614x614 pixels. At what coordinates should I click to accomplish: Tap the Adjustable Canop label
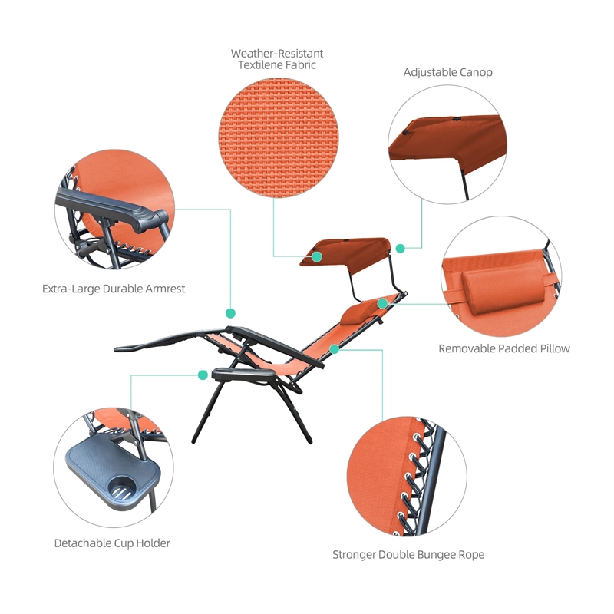tap(447, 72)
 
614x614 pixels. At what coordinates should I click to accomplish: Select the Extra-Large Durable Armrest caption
tap(114, 289)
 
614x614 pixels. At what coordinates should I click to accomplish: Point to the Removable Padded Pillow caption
tap(503, 348)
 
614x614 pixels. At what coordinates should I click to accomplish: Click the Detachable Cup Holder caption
tap(112, 543)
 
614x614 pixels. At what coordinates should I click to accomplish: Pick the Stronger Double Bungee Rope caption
tap(408, 554)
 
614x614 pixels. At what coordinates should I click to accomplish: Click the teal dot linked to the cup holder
tap(203, 375)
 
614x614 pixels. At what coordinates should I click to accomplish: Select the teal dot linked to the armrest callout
tap(230, 313)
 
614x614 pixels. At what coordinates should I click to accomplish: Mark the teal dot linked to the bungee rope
tap(334, 349)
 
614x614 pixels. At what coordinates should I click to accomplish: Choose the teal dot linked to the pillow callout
tap(382, 304)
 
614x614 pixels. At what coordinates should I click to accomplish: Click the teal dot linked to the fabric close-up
tap(316, 257)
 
